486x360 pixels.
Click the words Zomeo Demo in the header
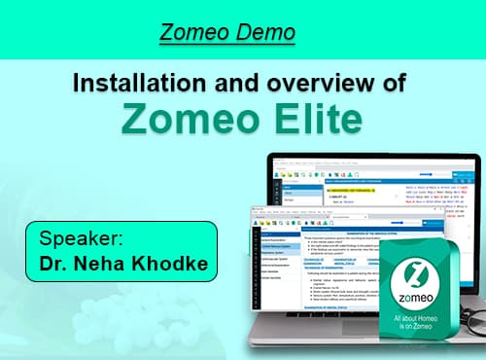227,33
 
